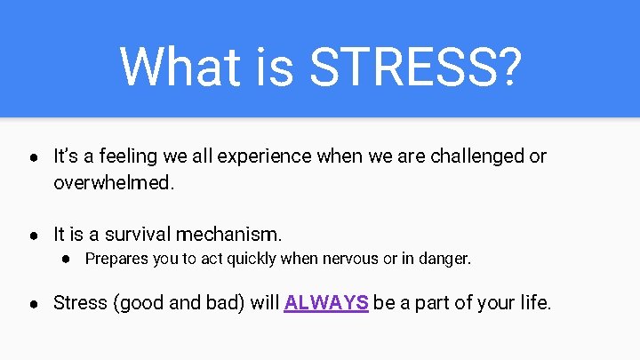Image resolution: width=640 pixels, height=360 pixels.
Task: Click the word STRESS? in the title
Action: [415, 66]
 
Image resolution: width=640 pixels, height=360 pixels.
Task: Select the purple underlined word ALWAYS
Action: [326, 302]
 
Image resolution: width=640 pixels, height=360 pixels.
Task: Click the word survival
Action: [138, 236]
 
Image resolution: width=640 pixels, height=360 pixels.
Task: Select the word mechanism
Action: [228, 236]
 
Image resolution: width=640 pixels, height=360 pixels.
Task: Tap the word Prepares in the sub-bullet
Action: [115, 260]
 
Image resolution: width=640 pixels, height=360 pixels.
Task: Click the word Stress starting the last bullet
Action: [79, 302]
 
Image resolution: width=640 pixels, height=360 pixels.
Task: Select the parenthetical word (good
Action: [138, 302]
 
